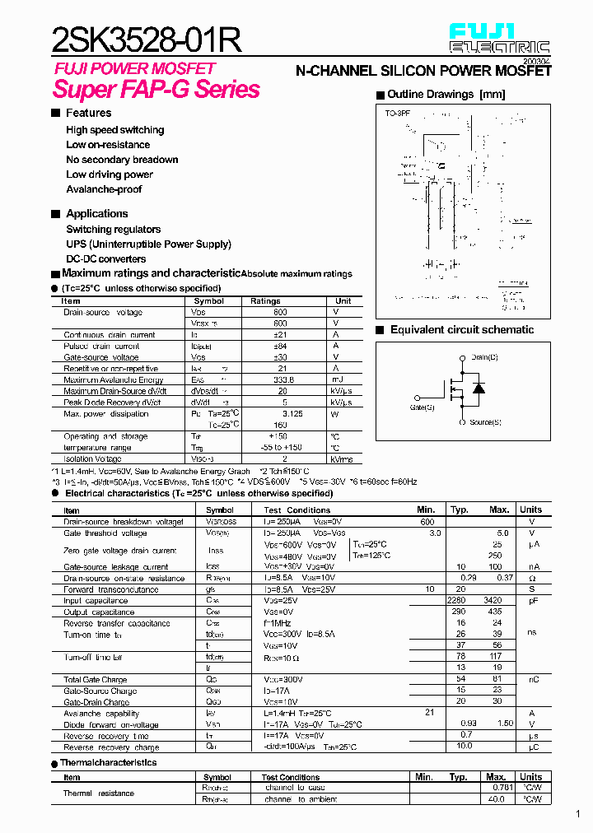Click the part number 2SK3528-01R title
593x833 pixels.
coord(147,39)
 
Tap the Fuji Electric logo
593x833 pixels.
coord(499,38)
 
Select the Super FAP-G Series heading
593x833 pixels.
coord(156,89)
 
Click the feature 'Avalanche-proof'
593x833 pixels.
coord(104,189)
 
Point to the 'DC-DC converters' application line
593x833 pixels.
coord(105,258)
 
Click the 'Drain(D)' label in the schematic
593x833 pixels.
coord(484,357)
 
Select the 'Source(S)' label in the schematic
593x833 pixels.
coord(485,422)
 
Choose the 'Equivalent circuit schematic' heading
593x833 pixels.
coord(461,330)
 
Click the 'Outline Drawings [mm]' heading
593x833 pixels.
coord(446,95)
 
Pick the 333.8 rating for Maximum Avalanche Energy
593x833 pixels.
coord(282,380)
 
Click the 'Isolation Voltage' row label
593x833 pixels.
coord(93,458)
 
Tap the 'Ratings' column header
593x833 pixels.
coord(265,301)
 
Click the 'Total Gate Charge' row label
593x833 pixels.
coord(96,680)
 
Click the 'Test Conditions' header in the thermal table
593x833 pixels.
coord(291,777)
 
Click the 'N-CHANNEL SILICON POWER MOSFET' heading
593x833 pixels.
coord(423,72)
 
